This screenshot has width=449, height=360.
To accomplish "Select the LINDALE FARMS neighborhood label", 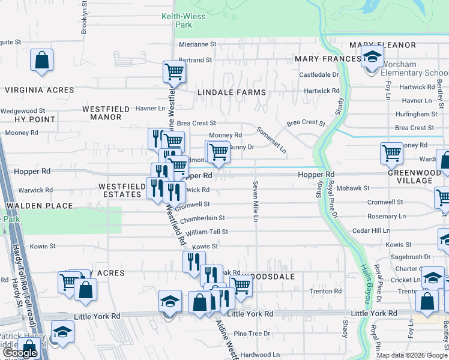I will [x=231, y=92].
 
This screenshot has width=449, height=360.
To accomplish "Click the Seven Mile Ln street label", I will [x=256, y=200].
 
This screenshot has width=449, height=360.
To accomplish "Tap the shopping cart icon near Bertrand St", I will [x=174, y=73].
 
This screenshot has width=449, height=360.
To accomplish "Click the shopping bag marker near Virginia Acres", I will [x=41, y=61].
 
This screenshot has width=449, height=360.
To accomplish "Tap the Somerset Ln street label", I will [x=271, y=139].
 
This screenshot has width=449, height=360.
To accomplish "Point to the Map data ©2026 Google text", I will [x=412, y=355].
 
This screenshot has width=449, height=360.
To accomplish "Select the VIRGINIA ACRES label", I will [x=40, y=90].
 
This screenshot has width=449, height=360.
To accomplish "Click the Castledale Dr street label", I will [x=319, y=75].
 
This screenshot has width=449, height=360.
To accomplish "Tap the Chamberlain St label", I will [x=202, y=218].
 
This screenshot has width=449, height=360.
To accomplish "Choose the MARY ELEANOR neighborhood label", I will [x=382, y=45].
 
